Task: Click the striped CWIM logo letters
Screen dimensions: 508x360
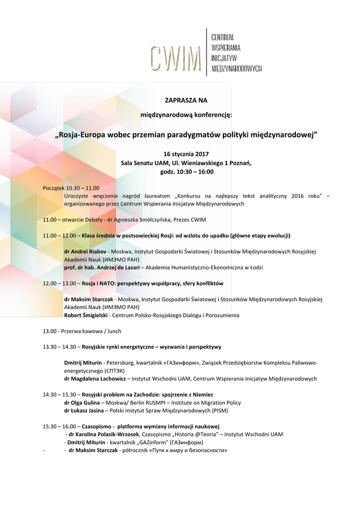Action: point(176,58)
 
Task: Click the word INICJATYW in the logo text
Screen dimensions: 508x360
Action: point(223,58)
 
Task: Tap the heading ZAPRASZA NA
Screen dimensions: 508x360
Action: point(186,100)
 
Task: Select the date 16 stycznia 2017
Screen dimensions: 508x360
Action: point(186,154)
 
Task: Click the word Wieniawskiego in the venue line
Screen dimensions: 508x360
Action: point(199,163)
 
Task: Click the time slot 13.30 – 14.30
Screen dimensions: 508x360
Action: point(60,347)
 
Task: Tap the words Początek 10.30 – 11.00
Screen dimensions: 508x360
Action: point(71,188)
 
